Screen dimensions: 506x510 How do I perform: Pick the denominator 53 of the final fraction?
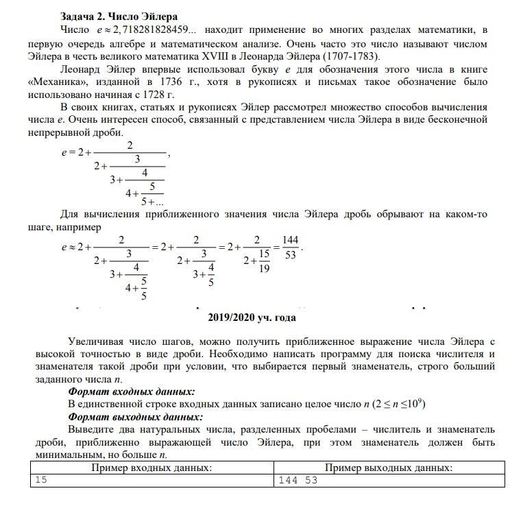coord(291,255)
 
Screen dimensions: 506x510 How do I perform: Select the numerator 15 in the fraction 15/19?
coord(265,254)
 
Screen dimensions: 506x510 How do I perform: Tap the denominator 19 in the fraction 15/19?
coord(265,269)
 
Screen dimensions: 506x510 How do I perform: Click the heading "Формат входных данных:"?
coord(131,391)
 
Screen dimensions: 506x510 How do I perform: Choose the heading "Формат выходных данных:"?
coord(135,416)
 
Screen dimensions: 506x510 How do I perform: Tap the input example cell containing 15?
coord(41,480)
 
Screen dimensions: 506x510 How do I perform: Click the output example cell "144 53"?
coord(298,480)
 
